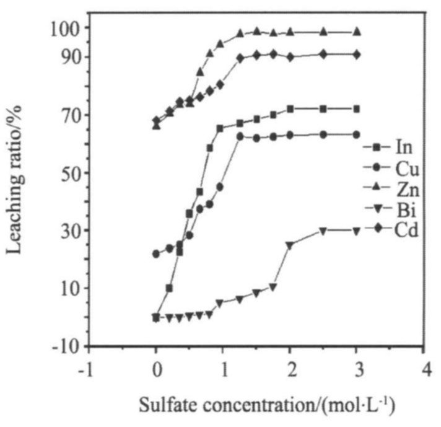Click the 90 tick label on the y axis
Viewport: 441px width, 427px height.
(x=67, y=56)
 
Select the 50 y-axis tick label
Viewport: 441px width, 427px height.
(x=67, y=172)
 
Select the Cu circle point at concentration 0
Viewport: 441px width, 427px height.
(x=156, y=253)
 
